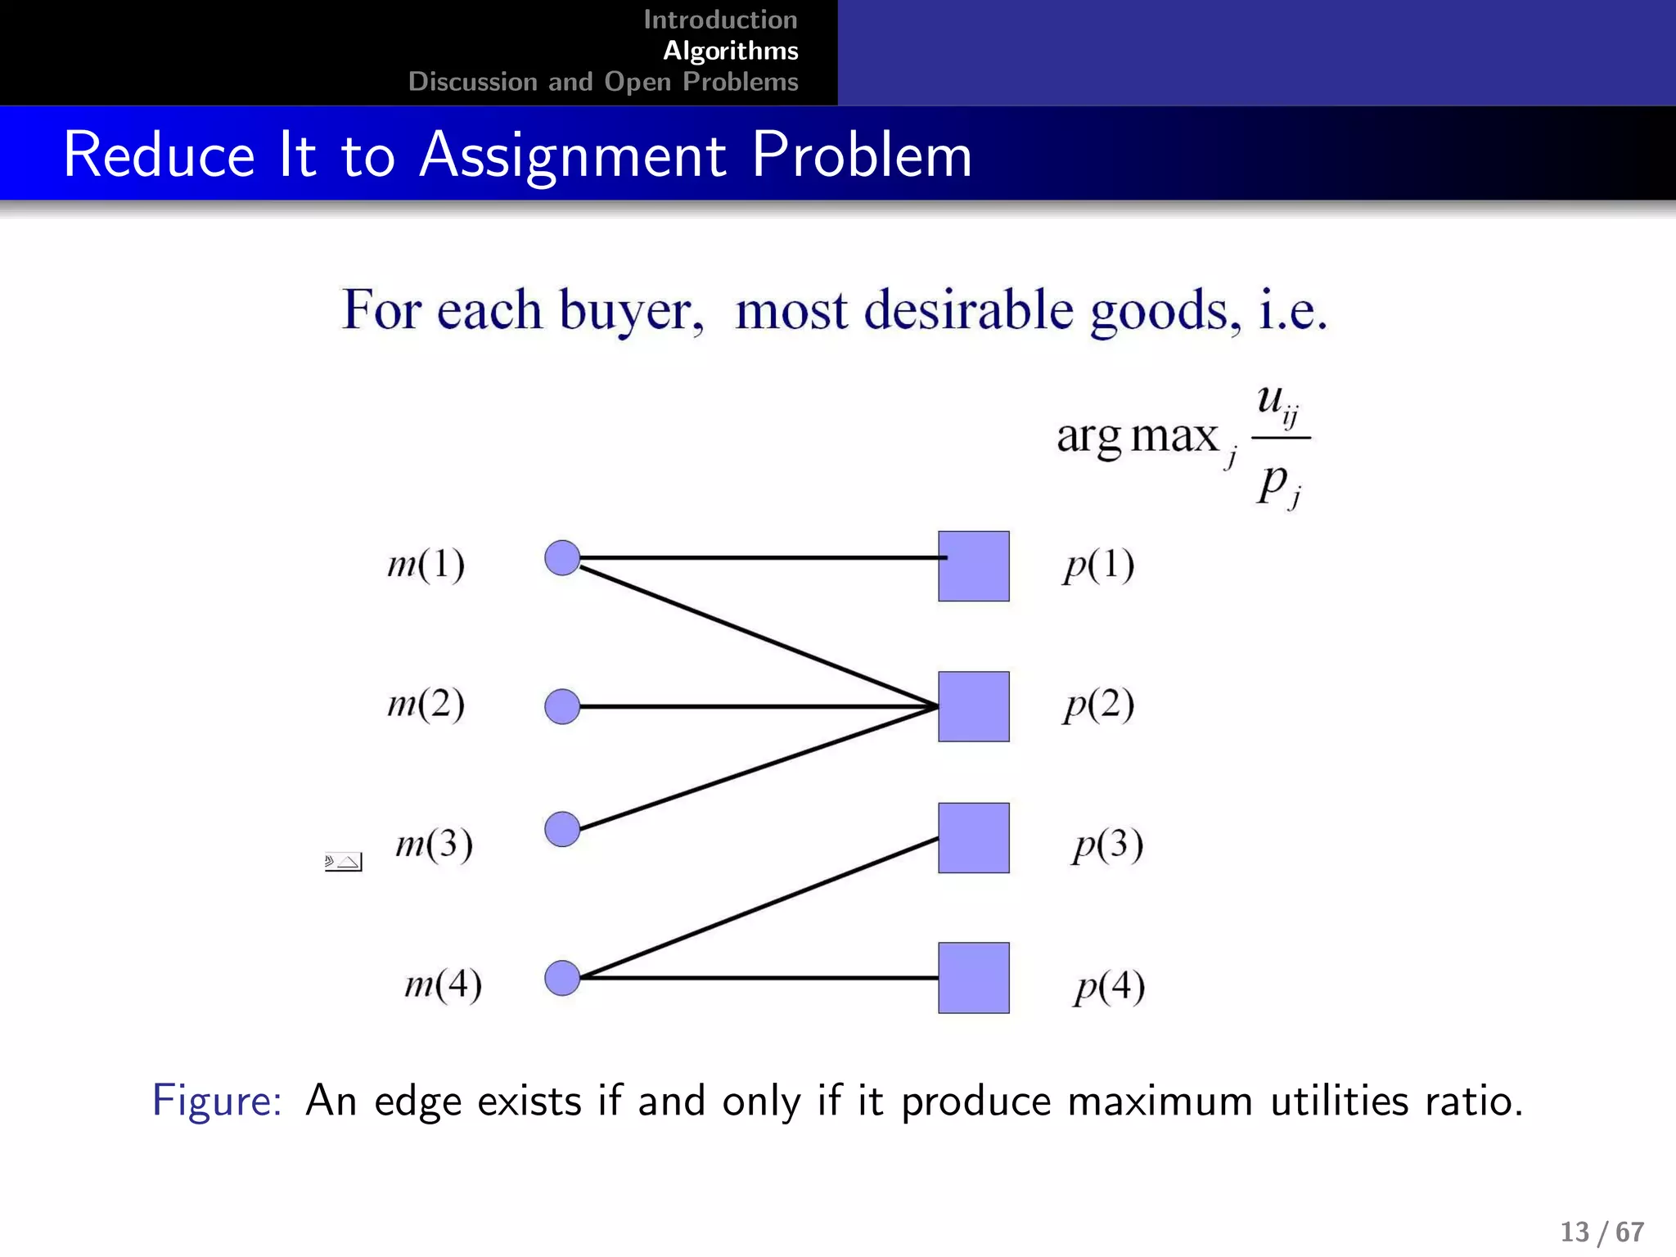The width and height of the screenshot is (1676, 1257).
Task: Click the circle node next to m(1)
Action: [x=562, y=558]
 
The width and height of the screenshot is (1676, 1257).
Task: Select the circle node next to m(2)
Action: [x=562, y=706]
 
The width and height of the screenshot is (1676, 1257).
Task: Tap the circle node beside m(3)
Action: [x=562, y=829]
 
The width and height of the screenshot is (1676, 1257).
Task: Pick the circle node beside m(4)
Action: [x=562, y=978]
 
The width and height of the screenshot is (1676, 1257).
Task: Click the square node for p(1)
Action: [x=973, y=566]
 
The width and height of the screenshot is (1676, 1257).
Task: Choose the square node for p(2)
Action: [x=973, y=706]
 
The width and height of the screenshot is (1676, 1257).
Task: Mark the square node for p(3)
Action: [x=973, y=838]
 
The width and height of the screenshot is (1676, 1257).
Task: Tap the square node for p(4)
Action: [x=973, y=978]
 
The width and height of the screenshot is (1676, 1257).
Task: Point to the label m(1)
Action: [x=426, y=565]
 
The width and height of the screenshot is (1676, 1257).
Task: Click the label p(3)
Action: [x=1107, y=845]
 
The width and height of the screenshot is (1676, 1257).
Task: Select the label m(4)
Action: [x=443, y=984]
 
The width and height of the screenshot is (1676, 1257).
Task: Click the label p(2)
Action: [x=1098, y=705]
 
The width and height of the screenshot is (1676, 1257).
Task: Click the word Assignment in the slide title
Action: [x=572, y=155]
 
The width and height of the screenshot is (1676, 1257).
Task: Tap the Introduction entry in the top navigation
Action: [x=720, y=20]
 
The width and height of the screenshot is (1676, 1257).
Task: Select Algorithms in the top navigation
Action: [x=730, y=51]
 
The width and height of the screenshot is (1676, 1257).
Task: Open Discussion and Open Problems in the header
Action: [x=603, y=82]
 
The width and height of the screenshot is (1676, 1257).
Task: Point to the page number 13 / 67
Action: [x=1602, y=1232]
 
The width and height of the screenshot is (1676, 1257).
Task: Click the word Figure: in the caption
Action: [x=217, y=1100]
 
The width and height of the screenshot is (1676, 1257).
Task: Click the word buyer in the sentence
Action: [x=631, y=311]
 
